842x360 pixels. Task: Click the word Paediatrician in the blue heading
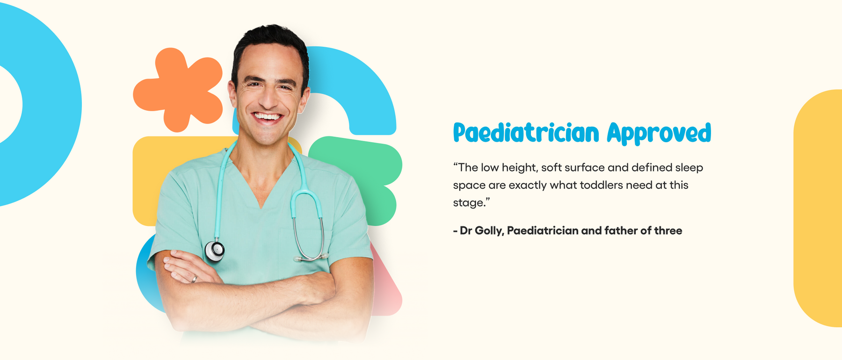pos(526,133)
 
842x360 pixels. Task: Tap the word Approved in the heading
pos(659,133)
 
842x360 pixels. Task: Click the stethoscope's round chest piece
pos(215,251)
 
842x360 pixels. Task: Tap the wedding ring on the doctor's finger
pos(194,279)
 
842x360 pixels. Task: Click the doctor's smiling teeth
pos(267,116)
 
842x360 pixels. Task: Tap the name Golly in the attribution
pos(489,230)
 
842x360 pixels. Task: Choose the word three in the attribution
pos(668,230)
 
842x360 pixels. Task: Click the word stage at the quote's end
pos(469,203)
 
